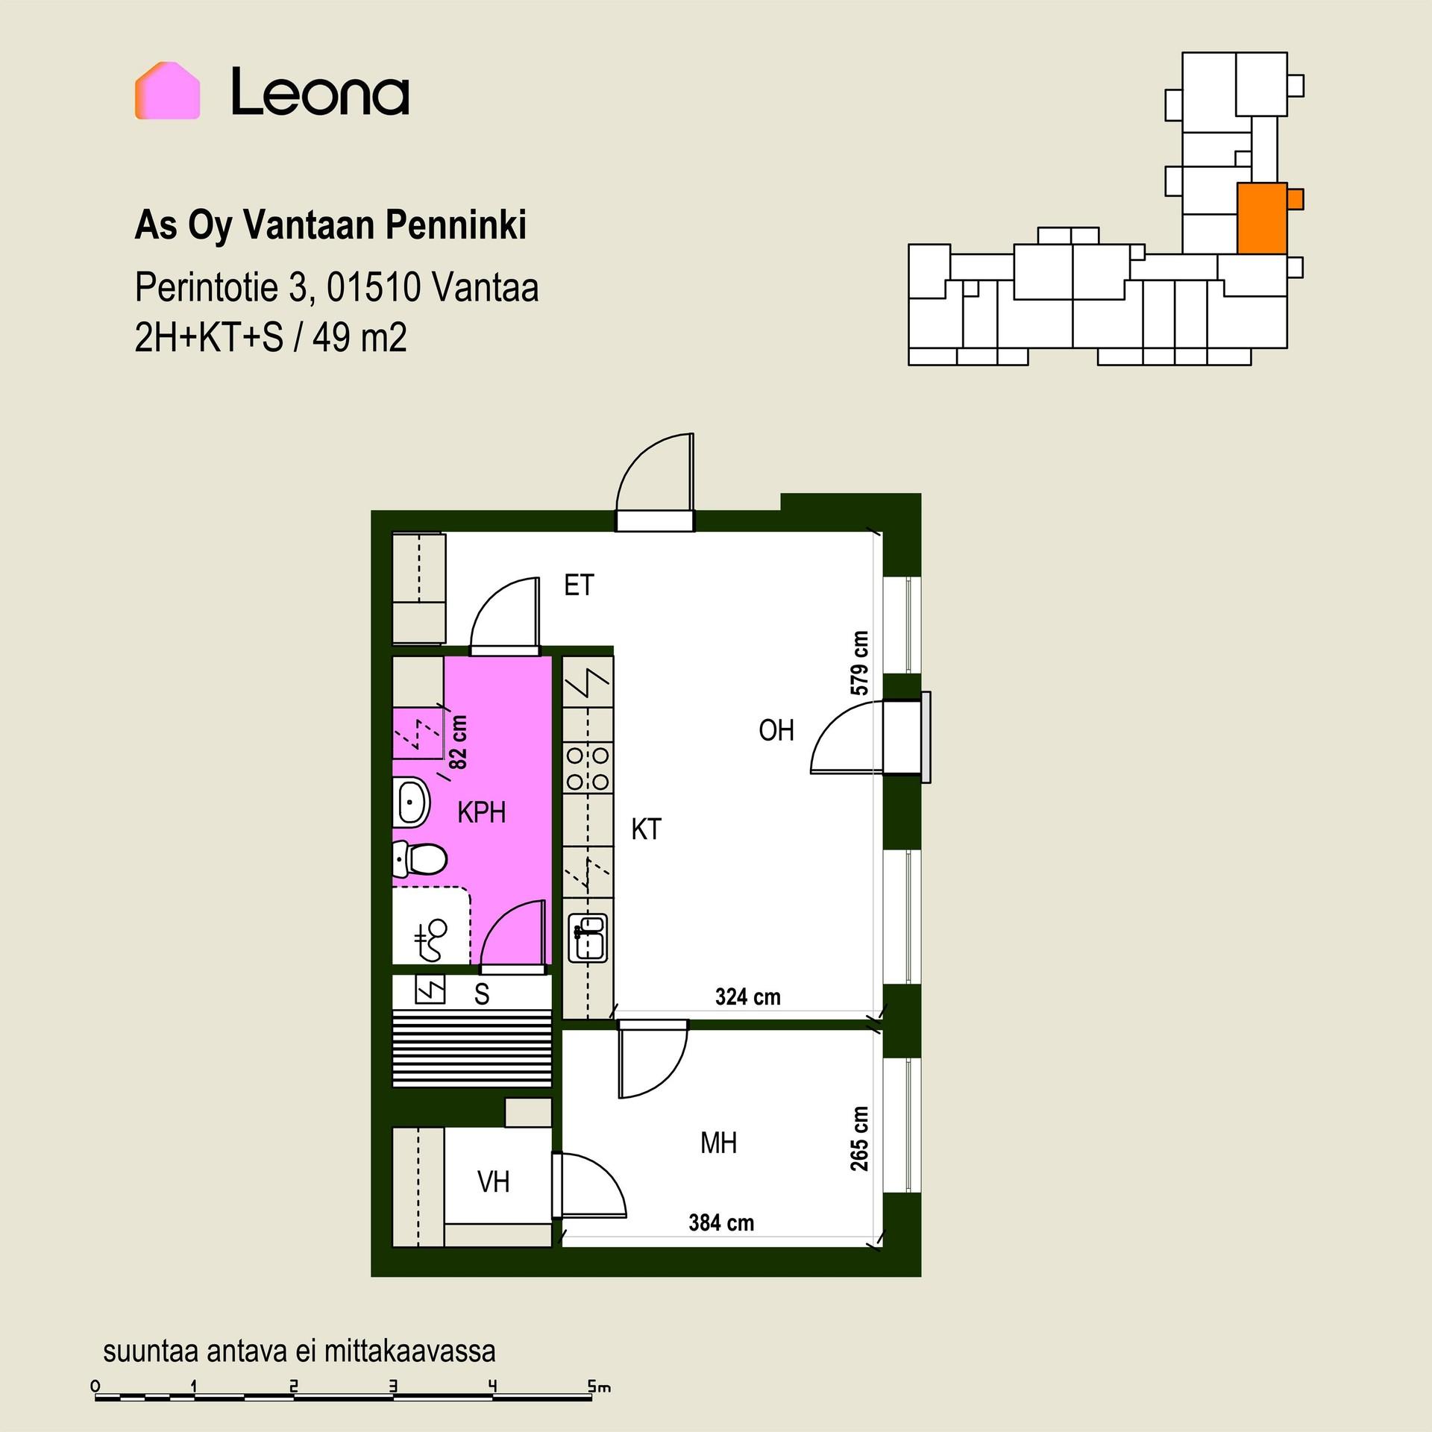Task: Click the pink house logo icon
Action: pos(167,90)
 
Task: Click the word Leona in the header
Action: pos(320,92)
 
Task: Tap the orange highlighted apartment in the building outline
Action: pos(1262,219)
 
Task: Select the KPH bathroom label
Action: pos(482,812)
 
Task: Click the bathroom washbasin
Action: pos(411,802)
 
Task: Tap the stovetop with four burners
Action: pos(588,769)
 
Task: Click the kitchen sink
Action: pos(588,938)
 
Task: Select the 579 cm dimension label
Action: pos(859,664)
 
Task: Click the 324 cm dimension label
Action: pos(747,997)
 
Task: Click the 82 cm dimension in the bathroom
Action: pos(459,743)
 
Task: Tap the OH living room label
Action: pos(776,731)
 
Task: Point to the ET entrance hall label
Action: pos(580,585)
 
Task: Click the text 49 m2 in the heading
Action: pos(359,338)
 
